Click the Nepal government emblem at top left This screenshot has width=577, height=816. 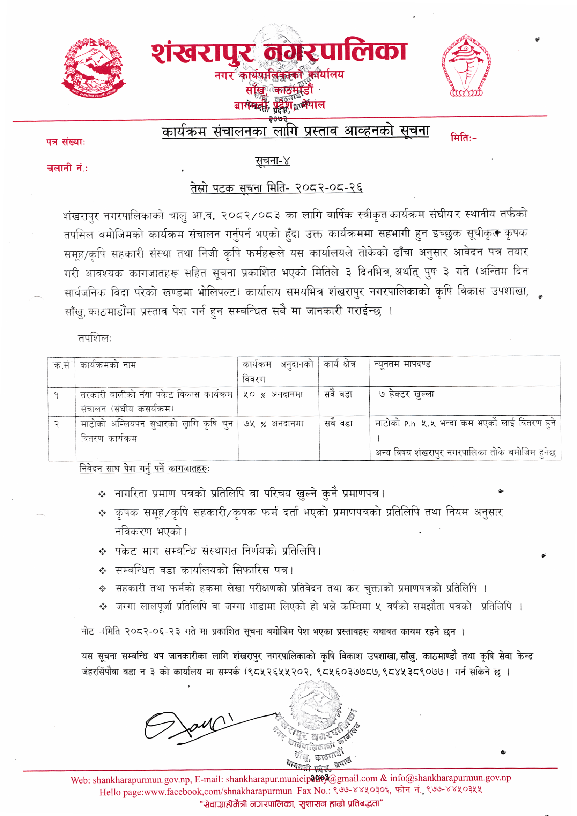tap(93, 67)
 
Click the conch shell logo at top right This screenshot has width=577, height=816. tap(466, 66)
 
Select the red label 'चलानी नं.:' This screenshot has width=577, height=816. tap(67, 168)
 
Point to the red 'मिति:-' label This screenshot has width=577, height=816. tap(464, 137)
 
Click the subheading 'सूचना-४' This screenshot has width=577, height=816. tap(273, 161)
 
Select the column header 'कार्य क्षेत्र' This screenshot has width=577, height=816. tap(339, 364)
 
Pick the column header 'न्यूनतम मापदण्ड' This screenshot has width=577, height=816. tap(402, 364)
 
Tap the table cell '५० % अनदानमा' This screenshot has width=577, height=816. tap(273, 394)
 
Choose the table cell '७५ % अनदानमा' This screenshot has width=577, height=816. tap(273, 424)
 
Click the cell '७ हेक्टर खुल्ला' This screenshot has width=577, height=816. tap(406, 394)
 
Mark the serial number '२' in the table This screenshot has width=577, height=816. tap(57, 424)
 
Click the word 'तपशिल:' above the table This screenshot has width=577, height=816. tap(95, 338)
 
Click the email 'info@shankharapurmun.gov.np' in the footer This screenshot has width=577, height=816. tap(450, 778)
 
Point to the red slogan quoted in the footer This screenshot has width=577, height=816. tap(291, 803)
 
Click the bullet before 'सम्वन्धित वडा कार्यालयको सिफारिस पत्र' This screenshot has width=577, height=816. tap(103, 571)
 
